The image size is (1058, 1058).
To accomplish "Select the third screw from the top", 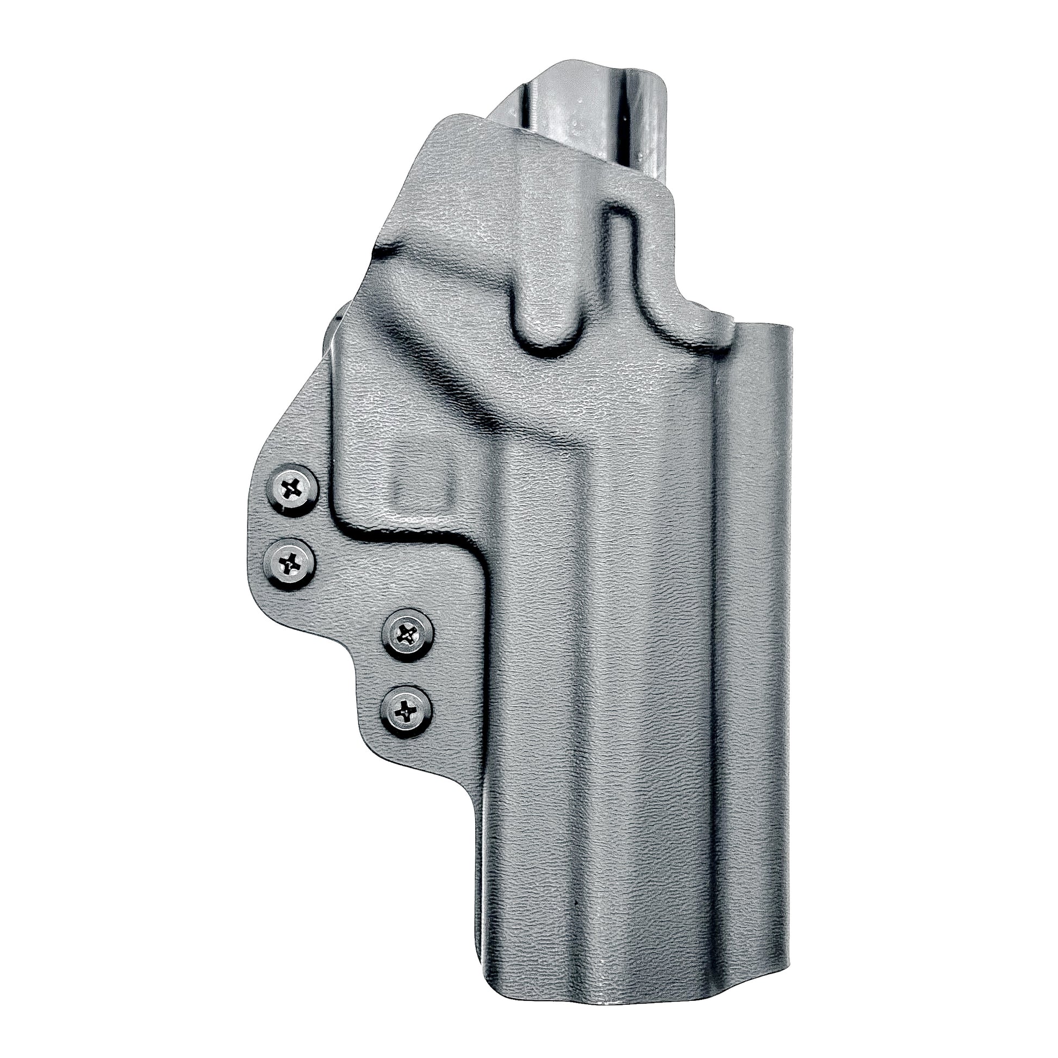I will coord(408,635).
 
